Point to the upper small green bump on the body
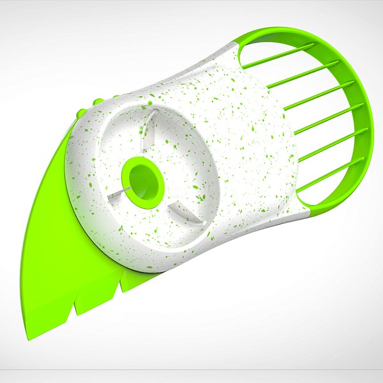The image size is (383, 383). [x=94, y=102]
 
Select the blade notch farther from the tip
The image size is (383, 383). [x=119, y=286]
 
